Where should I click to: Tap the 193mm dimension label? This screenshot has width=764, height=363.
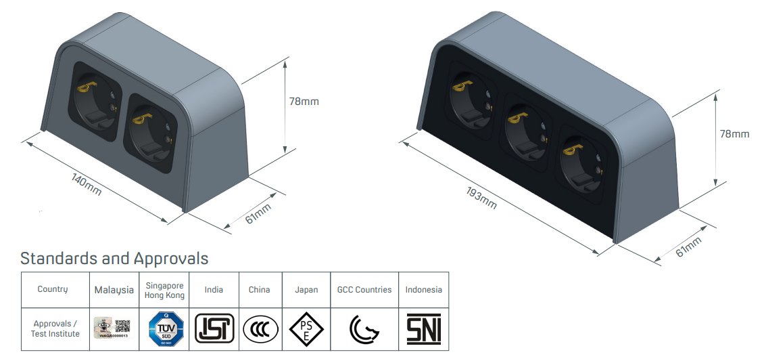tap(481, 196)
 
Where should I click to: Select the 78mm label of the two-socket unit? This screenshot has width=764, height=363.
tap(304, 102)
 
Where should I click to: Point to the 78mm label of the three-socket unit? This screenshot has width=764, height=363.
tap(734, 134)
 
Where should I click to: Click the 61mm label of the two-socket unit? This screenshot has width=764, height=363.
tap(258, 214)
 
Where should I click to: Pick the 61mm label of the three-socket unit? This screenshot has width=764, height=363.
tap(689, 247)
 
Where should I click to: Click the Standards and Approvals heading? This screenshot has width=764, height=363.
tap(114, 258)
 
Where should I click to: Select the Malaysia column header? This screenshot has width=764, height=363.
tap(114, 290)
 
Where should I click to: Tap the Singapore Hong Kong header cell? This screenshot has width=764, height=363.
tap(164, 290)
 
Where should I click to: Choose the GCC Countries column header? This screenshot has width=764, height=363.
tap(364, 290)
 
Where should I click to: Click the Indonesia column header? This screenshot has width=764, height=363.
tap(424, 290)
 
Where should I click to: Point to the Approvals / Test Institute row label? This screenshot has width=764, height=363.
tap(55, 329)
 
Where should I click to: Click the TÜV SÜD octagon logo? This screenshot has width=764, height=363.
tap(164, 330)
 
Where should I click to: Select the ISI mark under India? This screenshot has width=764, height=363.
tap(214, 329)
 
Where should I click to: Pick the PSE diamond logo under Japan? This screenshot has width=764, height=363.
tap(306, 330)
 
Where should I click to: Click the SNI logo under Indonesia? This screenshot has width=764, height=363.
tap(424, 329)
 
